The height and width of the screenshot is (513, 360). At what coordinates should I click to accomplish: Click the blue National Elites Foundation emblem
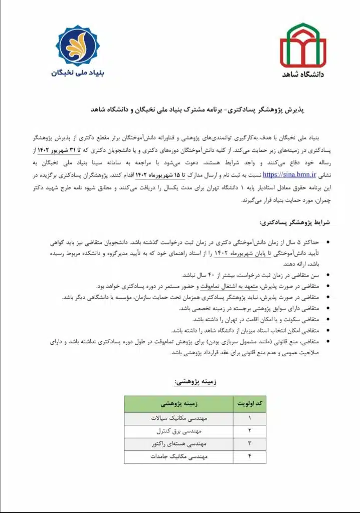point(78,46)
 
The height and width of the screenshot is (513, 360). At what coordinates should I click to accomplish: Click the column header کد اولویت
point(249,403)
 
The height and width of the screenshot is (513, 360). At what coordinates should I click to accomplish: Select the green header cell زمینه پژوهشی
point(178,403)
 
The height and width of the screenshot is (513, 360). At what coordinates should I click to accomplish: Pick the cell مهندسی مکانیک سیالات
point(178,417)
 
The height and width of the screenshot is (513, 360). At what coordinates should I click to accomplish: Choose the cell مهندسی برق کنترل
point(178,430)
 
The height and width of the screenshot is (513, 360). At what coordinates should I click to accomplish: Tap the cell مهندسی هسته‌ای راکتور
point(178,443)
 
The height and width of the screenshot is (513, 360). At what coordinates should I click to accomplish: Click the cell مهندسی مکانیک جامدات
point(178,456)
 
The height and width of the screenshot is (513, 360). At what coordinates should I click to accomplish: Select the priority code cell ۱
point(249,417)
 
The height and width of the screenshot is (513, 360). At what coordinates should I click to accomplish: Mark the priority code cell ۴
point(249,456)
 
